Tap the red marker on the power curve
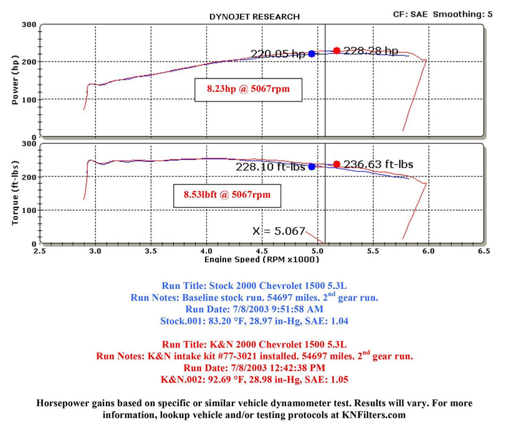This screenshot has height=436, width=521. coord(337,50)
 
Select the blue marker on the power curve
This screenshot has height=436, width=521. coord(312,54)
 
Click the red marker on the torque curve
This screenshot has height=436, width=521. coord(337,164)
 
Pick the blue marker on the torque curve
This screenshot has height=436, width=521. coord(312,166)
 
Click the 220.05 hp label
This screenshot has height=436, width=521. coord(278,54)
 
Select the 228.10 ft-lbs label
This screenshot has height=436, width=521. coord(270,167)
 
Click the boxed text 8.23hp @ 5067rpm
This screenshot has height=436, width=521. coord(249,89)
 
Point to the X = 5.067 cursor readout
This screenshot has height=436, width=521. coord(279,230)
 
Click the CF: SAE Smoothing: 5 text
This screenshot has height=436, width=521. coord(442,13)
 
